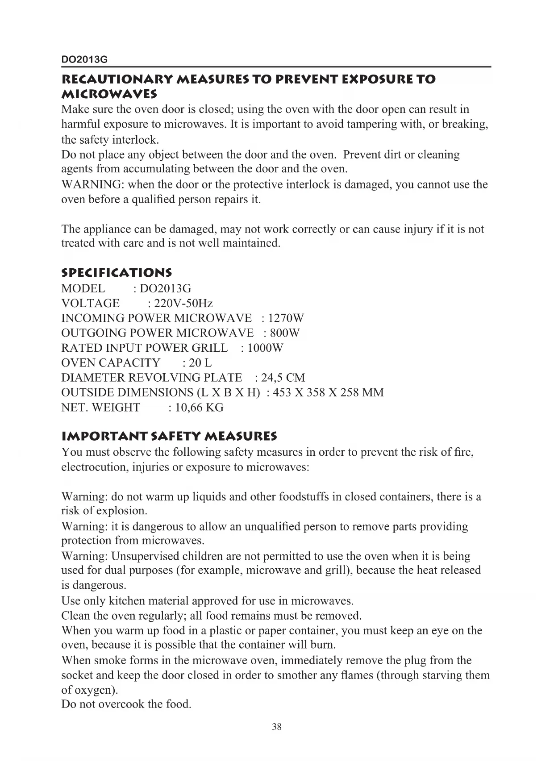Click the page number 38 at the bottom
(x=277, y=727)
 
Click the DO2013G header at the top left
(x=84, y=59)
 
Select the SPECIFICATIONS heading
(x=117, y=272)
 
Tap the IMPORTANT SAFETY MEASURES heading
(x=169, y=436)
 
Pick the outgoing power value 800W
(x=286, y=333)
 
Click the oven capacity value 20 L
(x=200, y=363)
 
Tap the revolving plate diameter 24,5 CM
(x=283, y=378)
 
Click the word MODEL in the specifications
(x=83, y=288)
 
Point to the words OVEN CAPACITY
(x=111, y=363)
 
